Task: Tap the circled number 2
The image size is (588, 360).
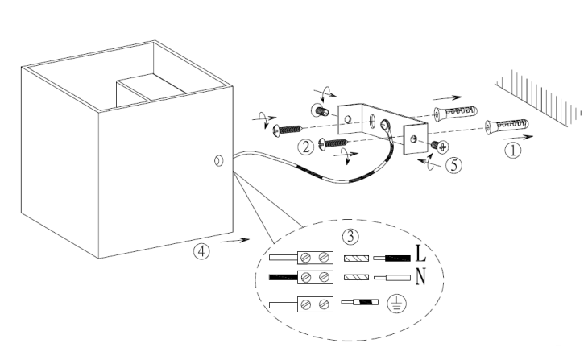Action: click(x=305, y=147)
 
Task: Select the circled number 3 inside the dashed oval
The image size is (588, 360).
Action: click(x=348, y=238)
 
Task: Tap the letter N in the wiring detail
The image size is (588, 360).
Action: click(x=420, y=278)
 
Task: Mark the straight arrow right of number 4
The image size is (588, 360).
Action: click(x=234, y=240)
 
